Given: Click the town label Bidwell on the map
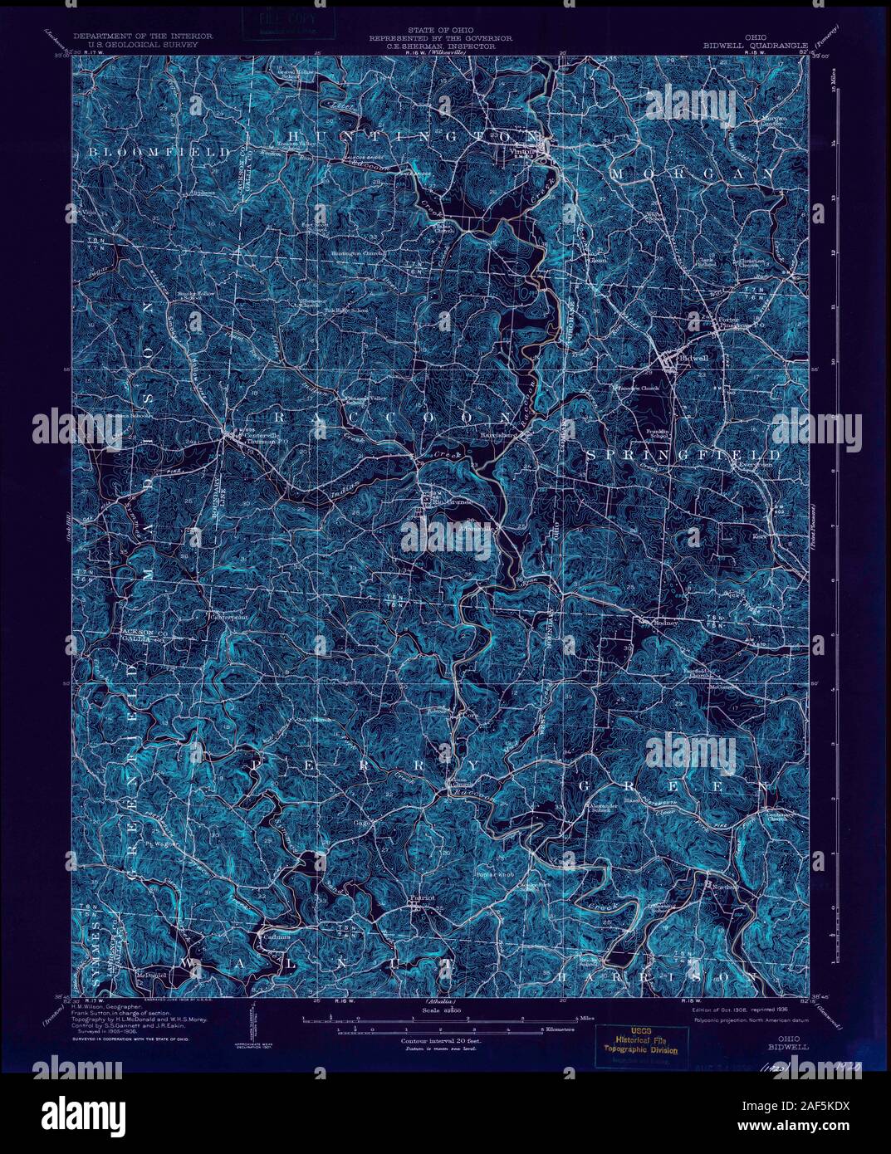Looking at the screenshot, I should [x=693, y=358].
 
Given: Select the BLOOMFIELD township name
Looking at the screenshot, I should [x=157, y=153].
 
